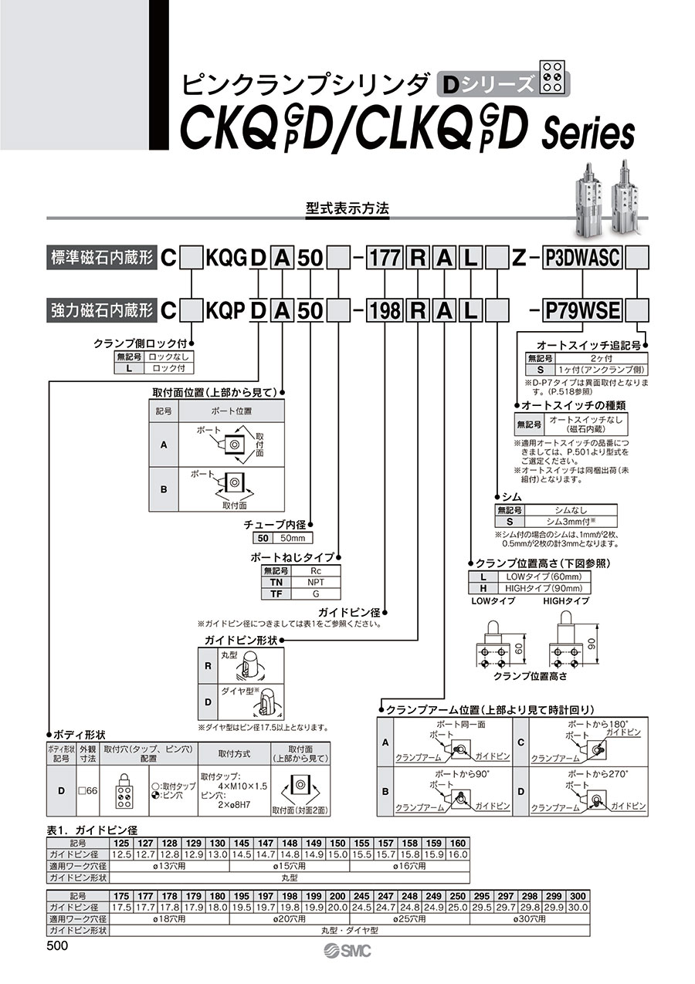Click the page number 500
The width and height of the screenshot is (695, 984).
point(58,946)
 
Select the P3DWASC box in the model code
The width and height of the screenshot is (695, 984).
point(583,258)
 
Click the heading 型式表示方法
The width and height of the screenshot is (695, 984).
point(347,209)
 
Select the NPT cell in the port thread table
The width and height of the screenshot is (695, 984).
point(315,583)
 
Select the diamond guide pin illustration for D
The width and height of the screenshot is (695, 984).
point(263,703)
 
